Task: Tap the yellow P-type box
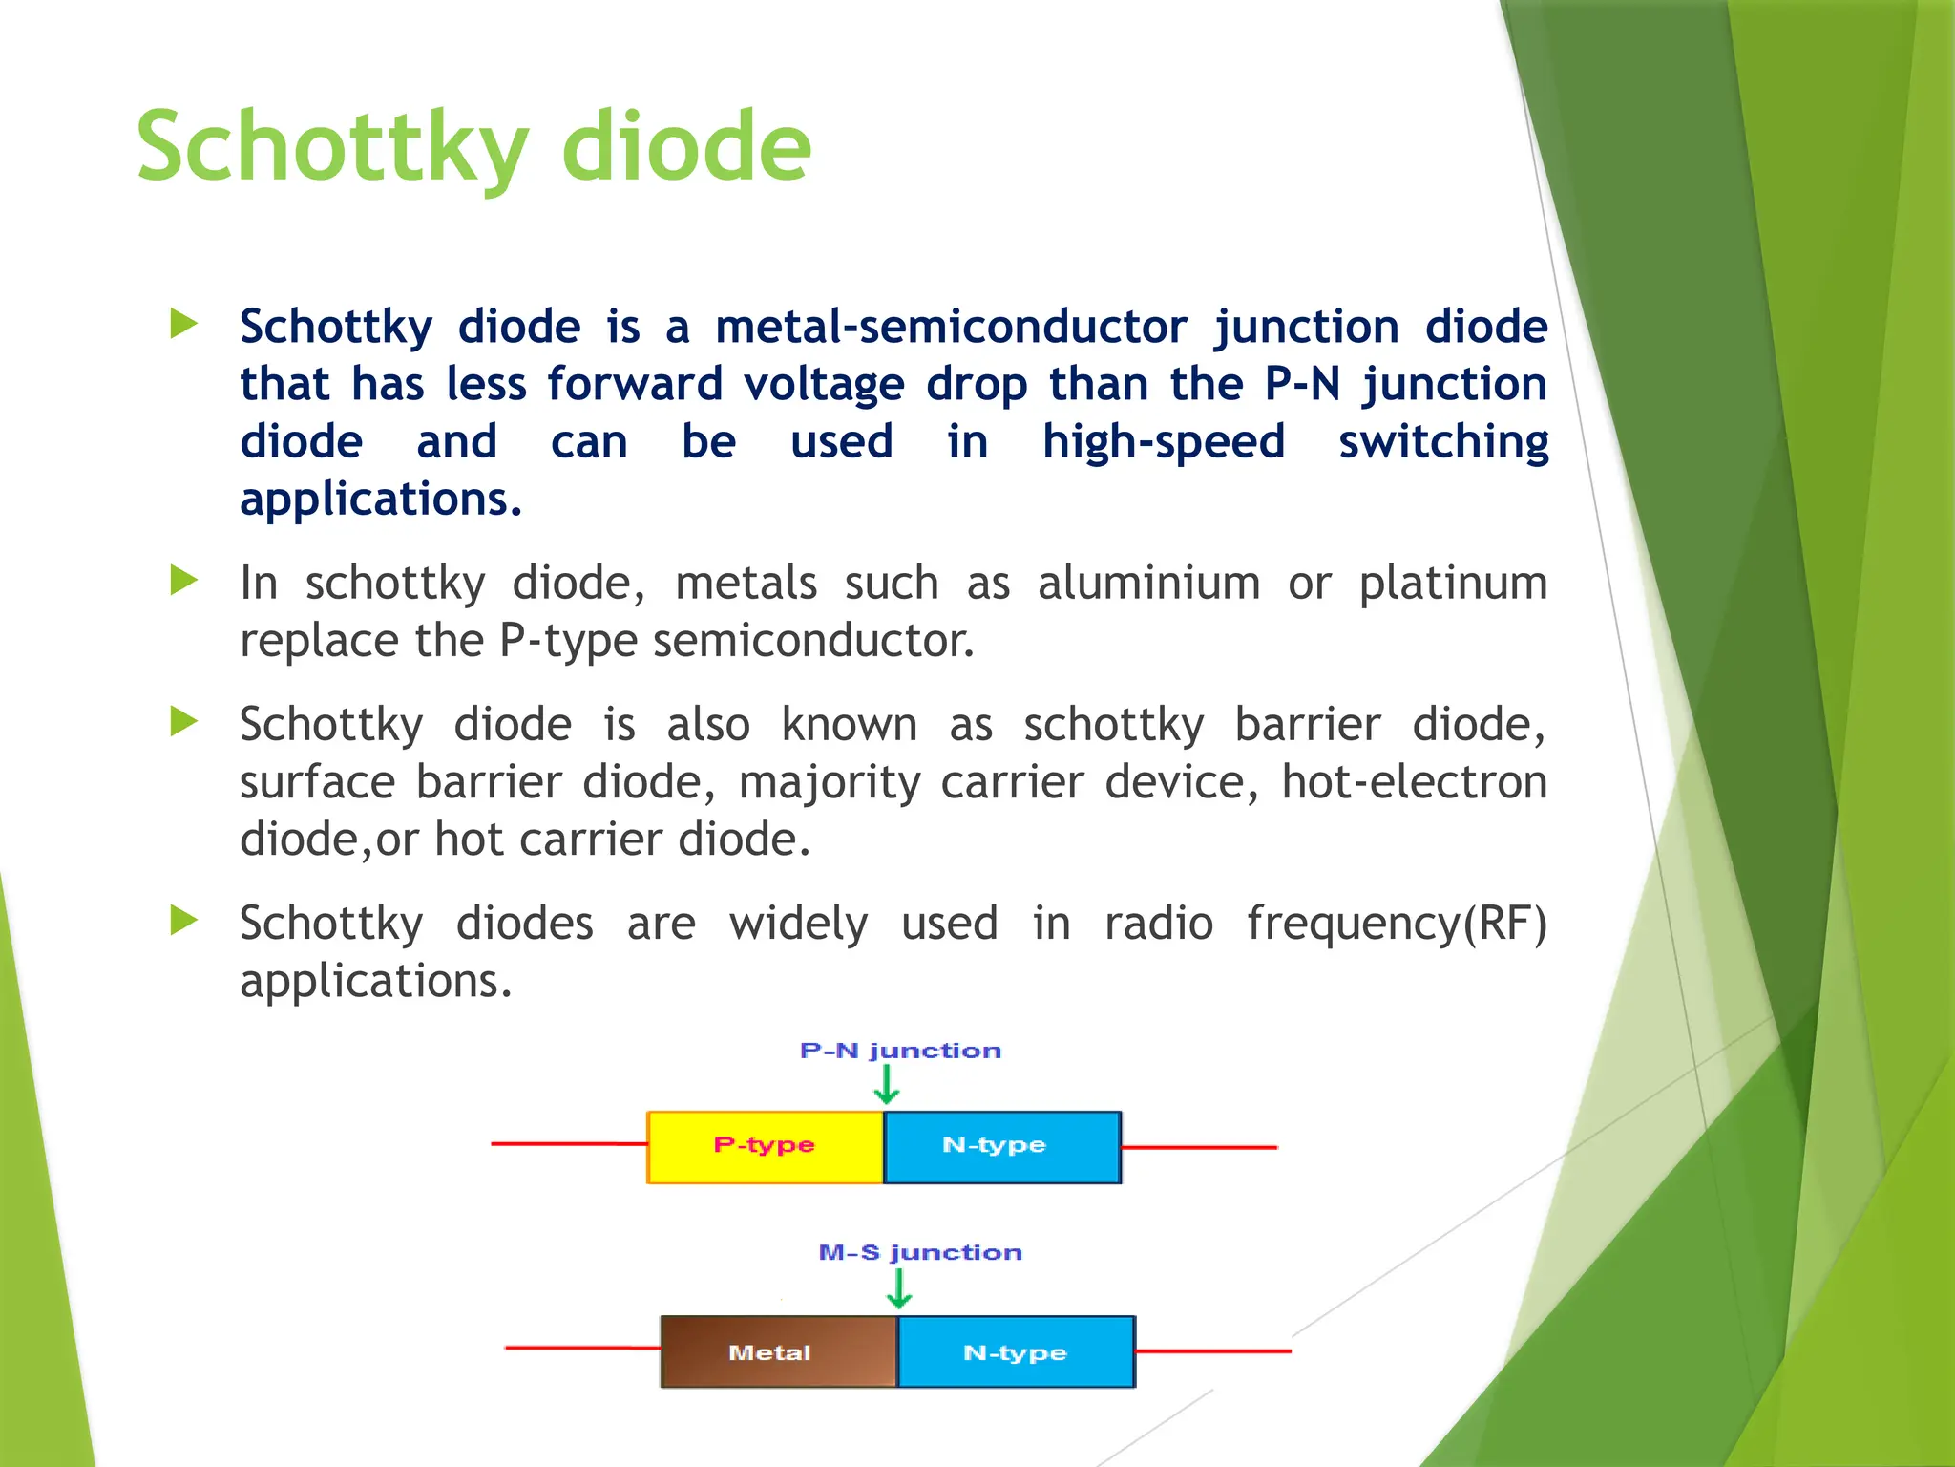click(x=765, y=1146)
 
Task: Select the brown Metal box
click(x=778, y=1351)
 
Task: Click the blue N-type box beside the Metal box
click(x=1016, y=1351)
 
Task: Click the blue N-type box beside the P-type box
click(x=1001, y=1146)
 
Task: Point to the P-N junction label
click(x=900, y=1051)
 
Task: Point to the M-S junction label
click(x=920, y=1252)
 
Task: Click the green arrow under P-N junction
click(x=887, y=1085)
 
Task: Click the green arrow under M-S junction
click(x=899, y=1288)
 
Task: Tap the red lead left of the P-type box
click(x=569, y=1143)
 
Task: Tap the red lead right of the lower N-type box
click(x=1212, y=1351)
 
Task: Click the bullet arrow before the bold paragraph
click(x=183, y=324)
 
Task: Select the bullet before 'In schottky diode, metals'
click(x=183, y=580)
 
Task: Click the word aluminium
click(x=1148, y=583)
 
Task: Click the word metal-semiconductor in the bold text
click(x=951, y=327)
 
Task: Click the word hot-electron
click(x=1413, y=782)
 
